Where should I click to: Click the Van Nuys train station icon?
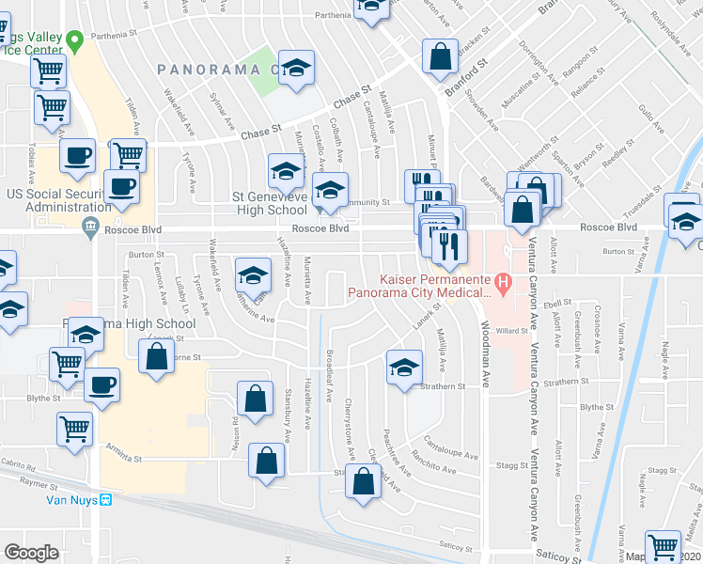pos(107,499)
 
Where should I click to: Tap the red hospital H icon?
pos(503,281)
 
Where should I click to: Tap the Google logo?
pos(31,553)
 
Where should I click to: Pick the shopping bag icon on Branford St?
pos(440,57)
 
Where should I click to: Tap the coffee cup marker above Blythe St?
pos(102,384)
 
